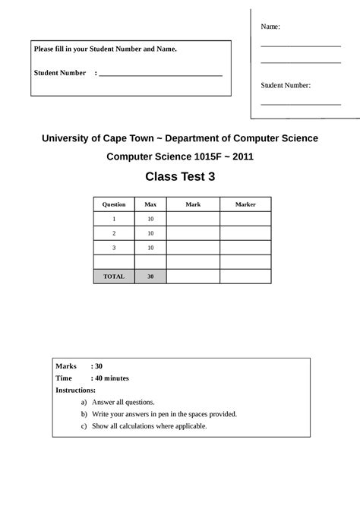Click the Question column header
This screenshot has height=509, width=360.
tap(114, 204)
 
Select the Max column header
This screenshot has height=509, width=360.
tap(150, 204)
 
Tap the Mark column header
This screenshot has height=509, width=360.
tap(193, 204)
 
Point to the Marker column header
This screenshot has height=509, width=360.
tap(245, 204)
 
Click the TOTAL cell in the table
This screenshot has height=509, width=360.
tap(114, 277)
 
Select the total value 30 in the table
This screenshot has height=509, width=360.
tap(150, 277)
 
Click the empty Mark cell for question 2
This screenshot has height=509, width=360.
tap(193, 233)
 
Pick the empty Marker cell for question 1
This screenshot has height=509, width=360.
tap(245, 219)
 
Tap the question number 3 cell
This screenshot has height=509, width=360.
tap(114, 248)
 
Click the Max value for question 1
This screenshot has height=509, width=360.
tap(150, 219)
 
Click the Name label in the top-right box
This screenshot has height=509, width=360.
tap(270, 27)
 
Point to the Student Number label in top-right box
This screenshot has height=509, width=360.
tap(286, 86)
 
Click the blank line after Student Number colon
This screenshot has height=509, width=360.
tap(160, 74)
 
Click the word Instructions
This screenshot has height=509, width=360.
tap(75, 390)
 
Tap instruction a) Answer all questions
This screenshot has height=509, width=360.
tap(122, 402)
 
